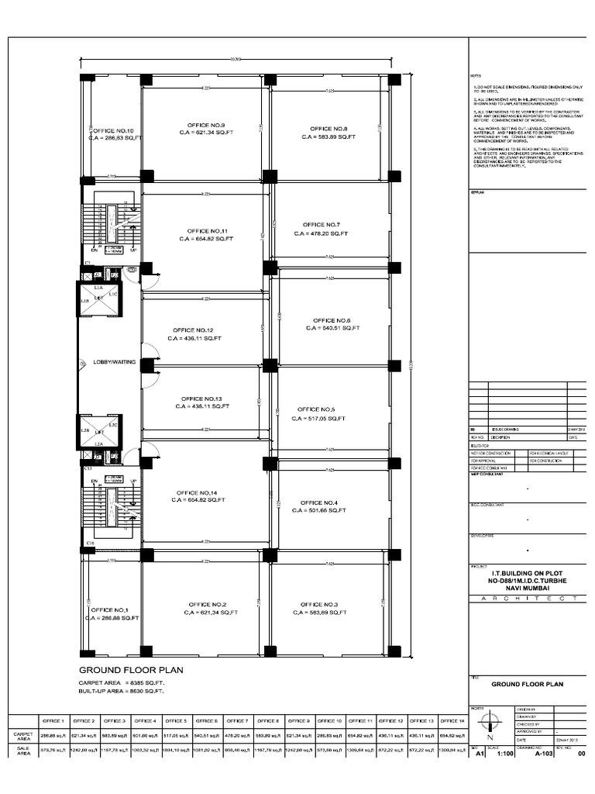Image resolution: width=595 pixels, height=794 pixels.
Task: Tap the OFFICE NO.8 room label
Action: [x=328, y=129]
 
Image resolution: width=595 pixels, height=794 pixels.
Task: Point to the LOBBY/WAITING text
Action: [x=109, y=362]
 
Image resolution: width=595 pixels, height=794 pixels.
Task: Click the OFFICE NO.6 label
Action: [x=332, y=320]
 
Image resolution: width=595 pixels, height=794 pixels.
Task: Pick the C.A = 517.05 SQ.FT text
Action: [x=318, y=418]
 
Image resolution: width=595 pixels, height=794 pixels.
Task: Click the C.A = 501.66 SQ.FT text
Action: [x=319, y=511]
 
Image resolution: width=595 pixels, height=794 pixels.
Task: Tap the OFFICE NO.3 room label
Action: [x=319, y=604]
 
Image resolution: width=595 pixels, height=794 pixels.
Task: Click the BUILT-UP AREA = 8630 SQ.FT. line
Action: [x=122, y=690]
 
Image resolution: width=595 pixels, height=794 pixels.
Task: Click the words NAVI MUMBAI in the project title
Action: [x=529, y=589]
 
